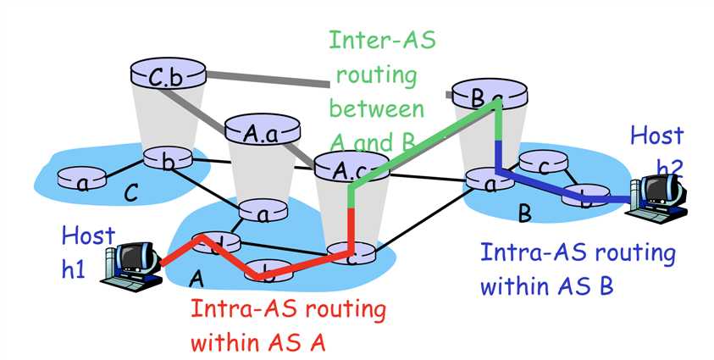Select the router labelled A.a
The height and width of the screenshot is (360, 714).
[x=263, y=131]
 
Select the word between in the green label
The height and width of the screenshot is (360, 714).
[x=376, y=109]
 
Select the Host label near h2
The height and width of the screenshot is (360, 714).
[x=656, y=135]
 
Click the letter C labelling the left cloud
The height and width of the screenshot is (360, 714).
[x=130, y=193]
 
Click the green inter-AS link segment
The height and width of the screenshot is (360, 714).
[x=423, y=140]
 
